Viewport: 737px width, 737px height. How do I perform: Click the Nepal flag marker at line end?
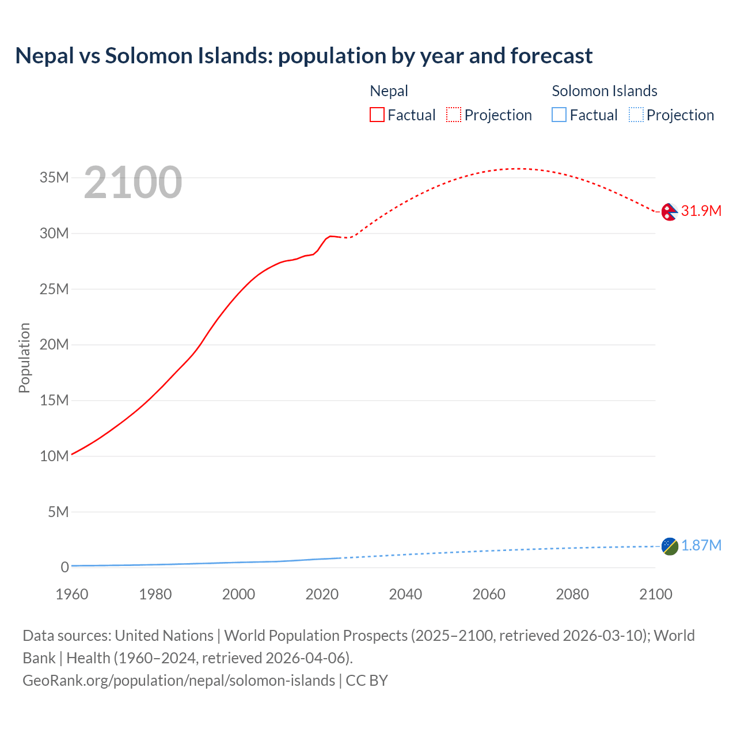[x=669, y=212]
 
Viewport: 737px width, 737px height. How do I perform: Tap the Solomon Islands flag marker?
[x=670, y=546]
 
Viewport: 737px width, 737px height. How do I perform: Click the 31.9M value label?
[x=701, y=211]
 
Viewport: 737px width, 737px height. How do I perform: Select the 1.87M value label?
[x=701, y=546]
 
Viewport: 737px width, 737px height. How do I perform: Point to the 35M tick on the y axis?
[x=54, y=178]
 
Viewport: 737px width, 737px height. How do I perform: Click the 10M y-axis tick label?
[x=54, y=456]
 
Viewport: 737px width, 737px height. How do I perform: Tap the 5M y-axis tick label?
[x=58, y=512]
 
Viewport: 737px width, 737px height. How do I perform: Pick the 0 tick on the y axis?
[x=64, y=567]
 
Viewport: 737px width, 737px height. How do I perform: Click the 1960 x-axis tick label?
[x=72, y=594]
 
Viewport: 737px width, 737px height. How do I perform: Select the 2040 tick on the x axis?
[x=405, y=594]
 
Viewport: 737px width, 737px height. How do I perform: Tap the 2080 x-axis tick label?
[x=572, y=594]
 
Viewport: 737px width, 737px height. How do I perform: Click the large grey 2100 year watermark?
[x=133, y=183]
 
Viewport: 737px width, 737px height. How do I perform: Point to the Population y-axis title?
[x=24, y=358]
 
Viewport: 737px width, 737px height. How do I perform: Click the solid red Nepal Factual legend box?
[x=377, y=115]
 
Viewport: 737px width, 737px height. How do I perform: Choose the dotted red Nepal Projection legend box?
[x=454, y=115]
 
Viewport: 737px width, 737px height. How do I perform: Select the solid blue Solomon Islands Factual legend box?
[x=559, y=115]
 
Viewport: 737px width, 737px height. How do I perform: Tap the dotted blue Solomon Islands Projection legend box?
[x=636, y=115]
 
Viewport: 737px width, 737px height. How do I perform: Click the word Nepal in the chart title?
[x=45, y=56]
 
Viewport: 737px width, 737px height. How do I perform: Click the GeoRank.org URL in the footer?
[x=178, y=681]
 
